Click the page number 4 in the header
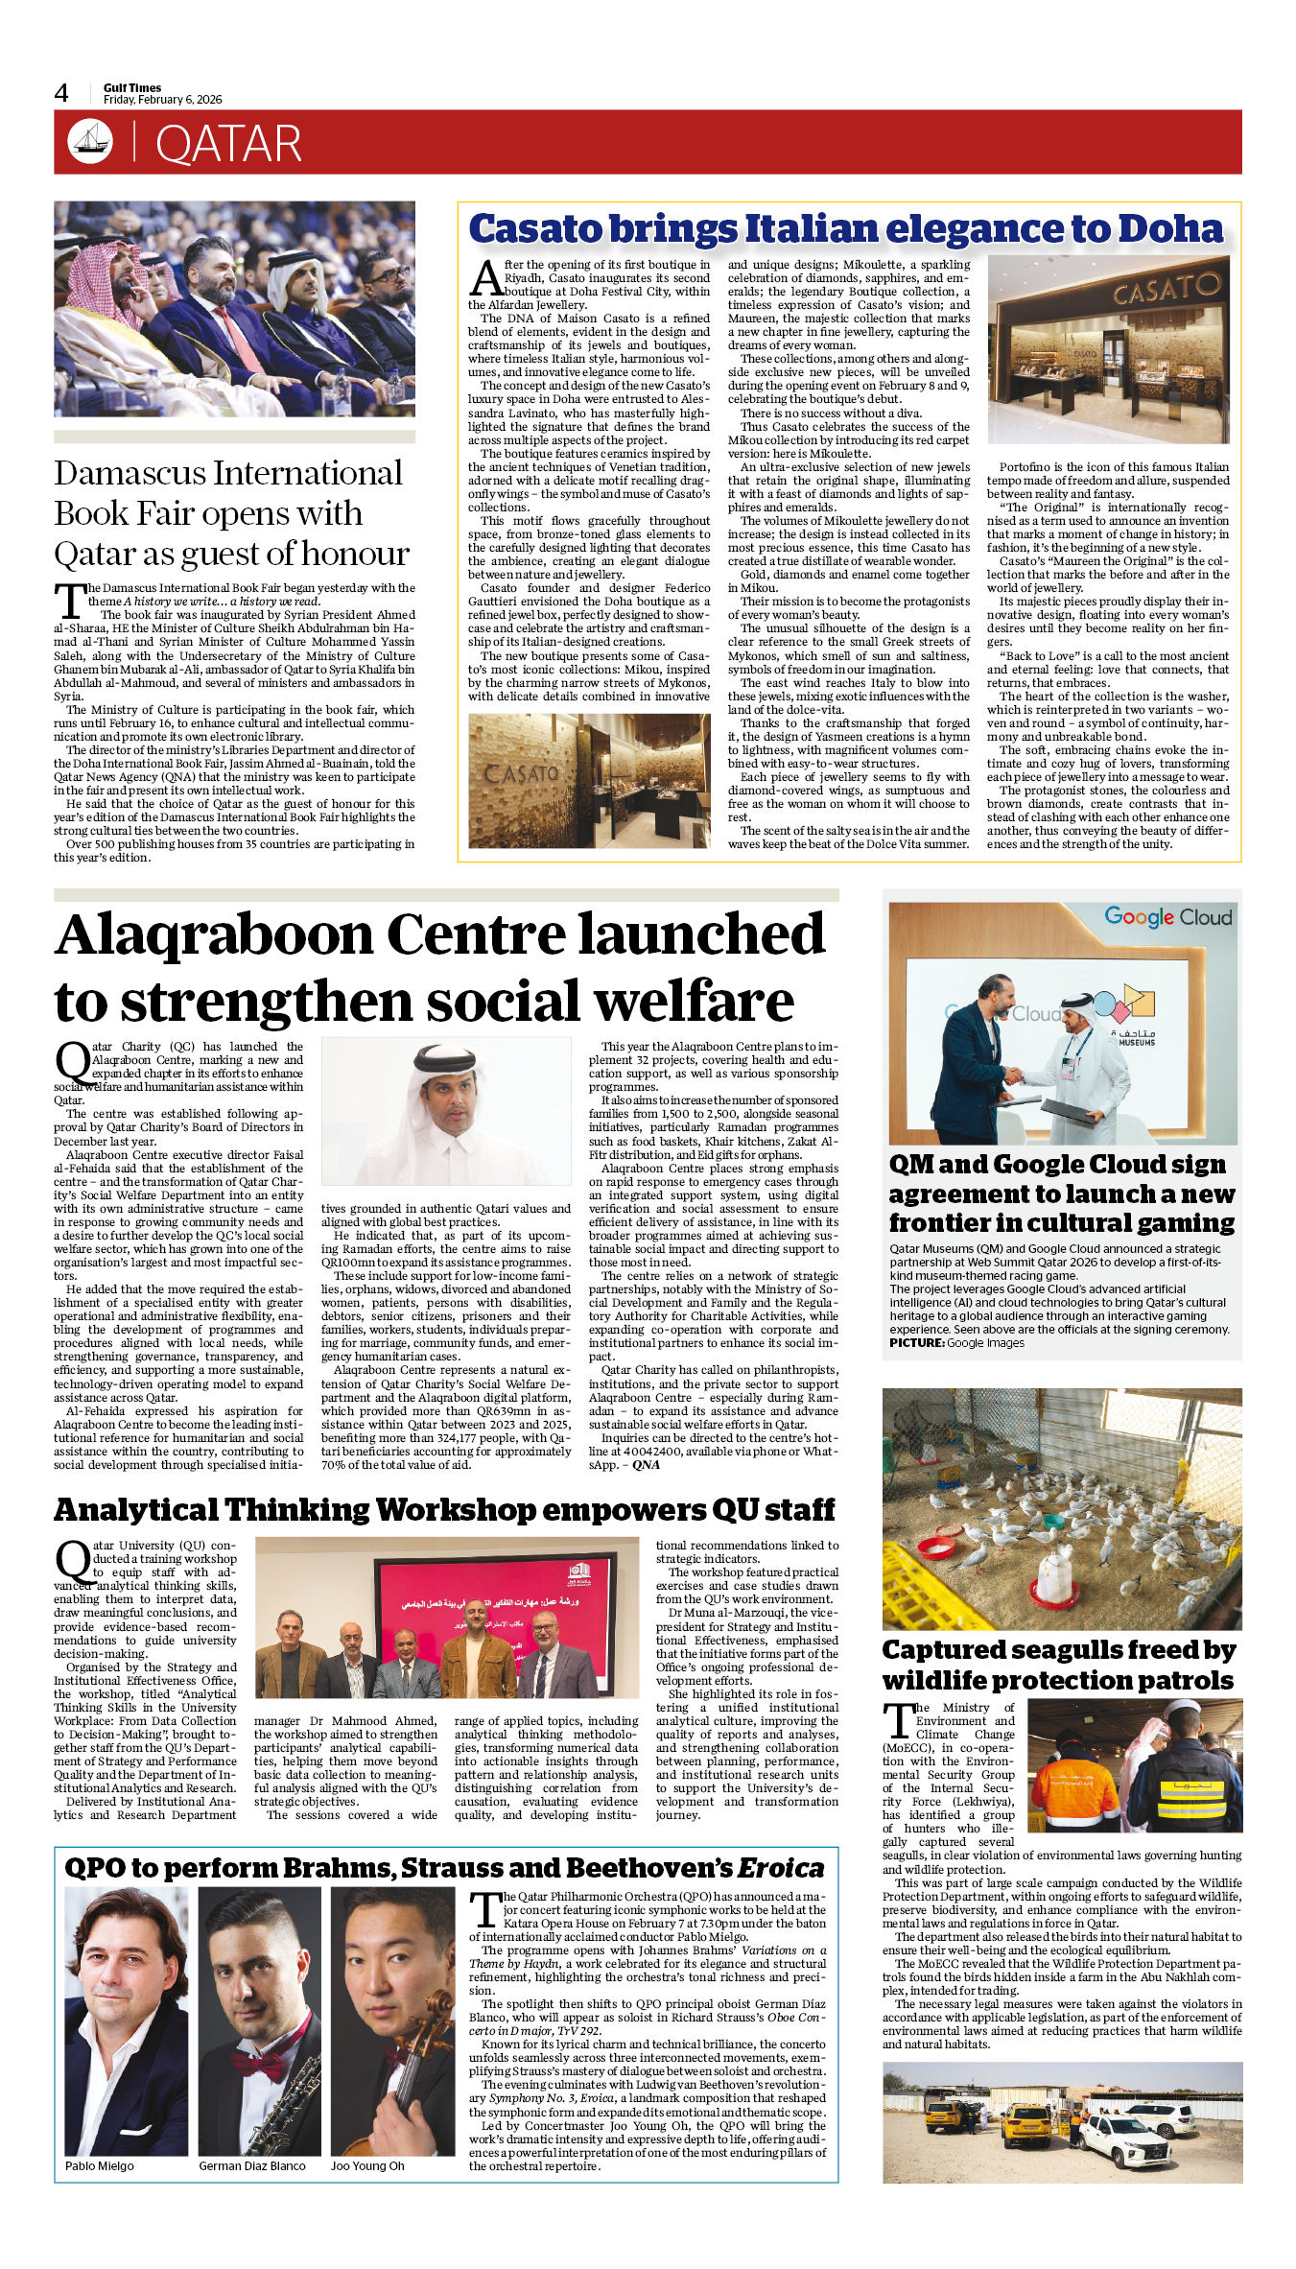tap(61, 93)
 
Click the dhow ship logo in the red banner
tap(90, 141)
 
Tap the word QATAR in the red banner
tap(228, 144)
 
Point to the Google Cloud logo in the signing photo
tap(1167, 917)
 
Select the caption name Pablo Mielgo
tap(100, 2165)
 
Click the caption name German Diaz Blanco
tap(252, 2165)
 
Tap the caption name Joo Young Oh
tap(367, 2165)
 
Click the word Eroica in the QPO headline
tap(781, 1868)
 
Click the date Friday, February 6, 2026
tap(162, 100)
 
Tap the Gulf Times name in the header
tap(132, 87)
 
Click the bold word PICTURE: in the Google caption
tap(916, 1343)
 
